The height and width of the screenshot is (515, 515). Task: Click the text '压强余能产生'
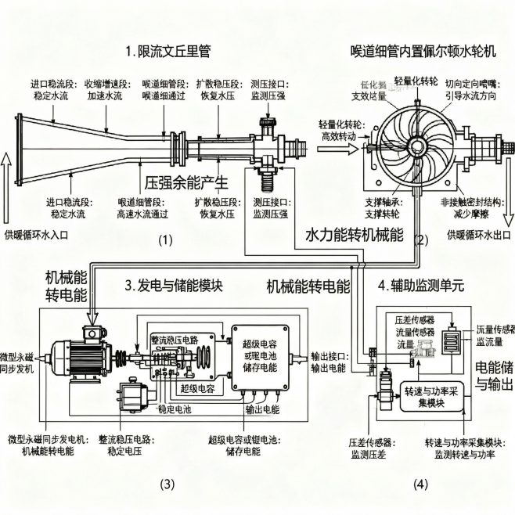[186, 184]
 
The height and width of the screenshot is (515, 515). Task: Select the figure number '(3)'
[167, 484]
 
